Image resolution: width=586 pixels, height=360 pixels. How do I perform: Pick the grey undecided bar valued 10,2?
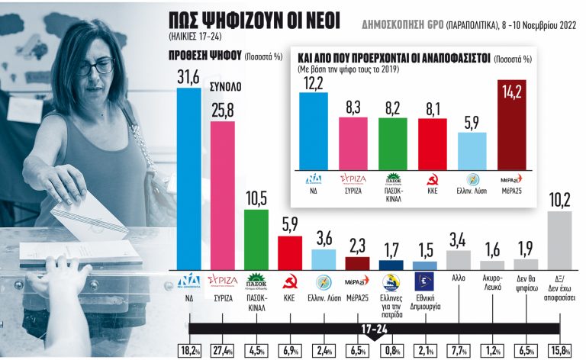point(559,241)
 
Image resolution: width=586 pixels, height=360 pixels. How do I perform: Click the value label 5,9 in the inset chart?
point(472,122)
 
